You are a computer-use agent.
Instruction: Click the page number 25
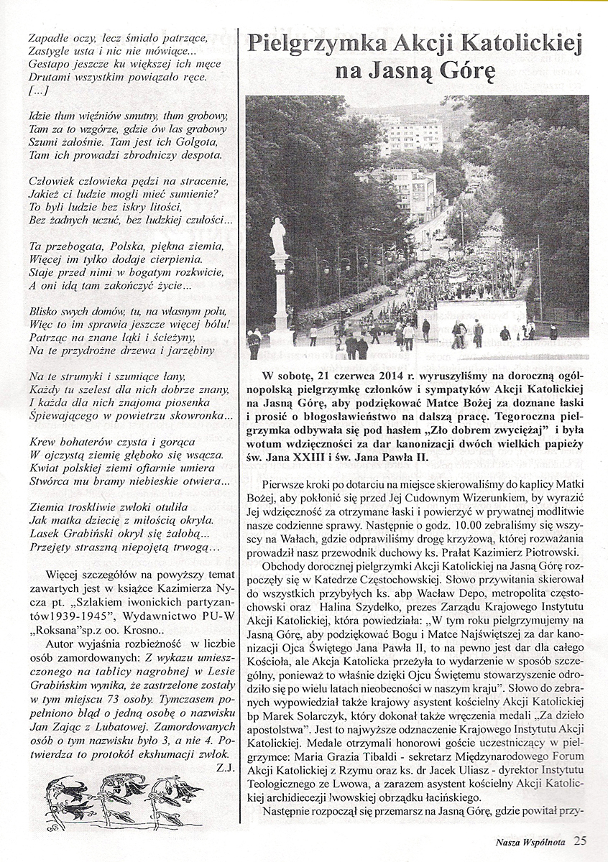pos(580,840)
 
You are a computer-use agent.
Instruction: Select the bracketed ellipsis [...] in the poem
pos(40,91)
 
